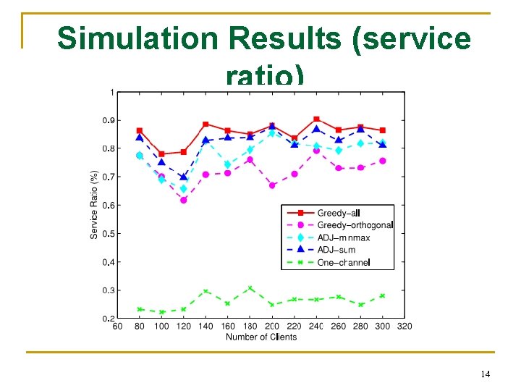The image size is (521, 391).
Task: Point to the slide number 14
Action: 485,374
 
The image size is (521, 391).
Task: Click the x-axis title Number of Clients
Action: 261,337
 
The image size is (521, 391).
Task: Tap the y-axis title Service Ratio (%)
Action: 94,205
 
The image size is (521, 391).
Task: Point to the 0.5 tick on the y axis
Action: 108,234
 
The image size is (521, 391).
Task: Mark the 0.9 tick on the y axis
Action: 108,120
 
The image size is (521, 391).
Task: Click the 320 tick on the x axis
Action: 404,327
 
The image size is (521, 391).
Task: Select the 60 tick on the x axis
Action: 118,327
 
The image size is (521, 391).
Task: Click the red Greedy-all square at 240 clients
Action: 316,119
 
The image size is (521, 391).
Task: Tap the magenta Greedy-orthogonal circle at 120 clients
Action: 184,200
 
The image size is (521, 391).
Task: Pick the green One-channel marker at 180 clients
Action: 250,288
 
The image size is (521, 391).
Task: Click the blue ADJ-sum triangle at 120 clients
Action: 184,177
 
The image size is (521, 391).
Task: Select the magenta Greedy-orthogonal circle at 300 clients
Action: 383,161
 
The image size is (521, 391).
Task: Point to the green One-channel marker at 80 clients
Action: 140,309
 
